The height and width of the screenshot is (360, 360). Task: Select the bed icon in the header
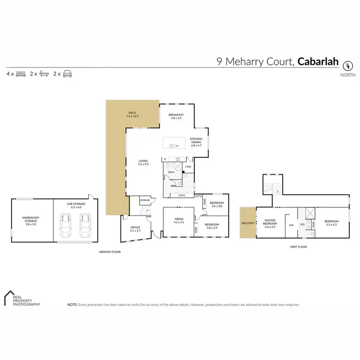coord(21,74)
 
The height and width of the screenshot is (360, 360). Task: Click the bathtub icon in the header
coord(44,74)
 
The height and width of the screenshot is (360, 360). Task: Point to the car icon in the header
coord(67,74)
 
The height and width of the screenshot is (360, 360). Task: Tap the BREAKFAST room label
coord(175,115)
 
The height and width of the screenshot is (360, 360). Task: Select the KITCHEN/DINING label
coord(196,141)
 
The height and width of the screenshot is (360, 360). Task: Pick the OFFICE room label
coord(136,227)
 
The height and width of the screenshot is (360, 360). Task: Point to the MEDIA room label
coord(179,219)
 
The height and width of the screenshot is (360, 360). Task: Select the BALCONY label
coord(248,222)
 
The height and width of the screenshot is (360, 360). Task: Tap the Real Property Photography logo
coord(22,298)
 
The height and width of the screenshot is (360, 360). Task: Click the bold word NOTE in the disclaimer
coord(72,304)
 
